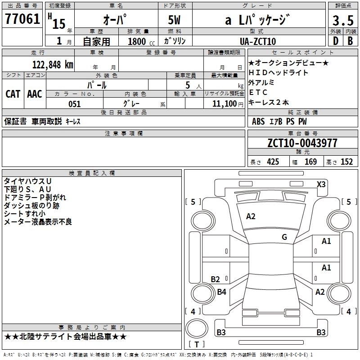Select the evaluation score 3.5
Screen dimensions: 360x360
(342, 20)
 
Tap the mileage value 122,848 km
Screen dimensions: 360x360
(52, 64)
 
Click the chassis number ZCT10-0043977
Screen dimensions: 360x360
(302, 143)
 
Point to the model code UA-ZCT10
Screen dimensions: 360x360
(258, 41)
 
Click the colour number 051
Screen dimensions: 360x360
(74, 104)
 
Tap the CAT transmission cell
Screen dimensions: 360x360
(13, 94)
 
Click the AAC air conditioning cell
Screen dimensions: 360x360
(35, 94)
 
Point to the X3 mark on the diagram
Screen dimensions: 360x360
(321, 184)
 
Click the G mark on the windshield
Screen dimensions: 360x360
(284, 237)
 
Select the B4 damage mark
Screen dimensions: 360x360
(221, 292)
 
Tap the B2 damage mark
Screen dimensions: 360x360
(216, 279)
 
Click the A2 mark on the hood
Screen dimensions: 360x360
(251, 216)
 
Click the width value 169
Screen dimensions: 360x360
(310, 162)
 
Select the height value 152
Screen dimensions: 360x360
(346, 162)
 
